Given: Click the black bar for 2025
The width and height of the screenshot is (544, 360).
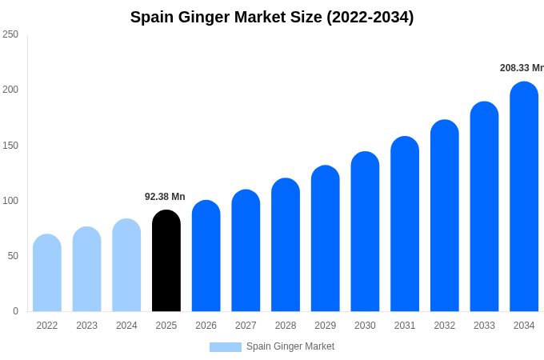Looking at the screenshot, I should tap(166, 261).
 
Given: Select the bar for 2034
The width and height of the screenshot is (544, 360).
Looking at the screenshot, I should tap(524, 197).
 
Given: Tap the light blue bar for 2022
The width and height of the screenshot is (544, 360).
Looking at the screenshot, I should tap(47, 273).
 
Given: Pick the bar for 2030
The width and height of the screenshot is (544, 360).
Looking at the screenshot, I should tap(365, 231).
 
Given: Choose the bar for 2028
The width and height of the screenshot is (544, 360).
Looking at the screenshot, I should tap(286, 245).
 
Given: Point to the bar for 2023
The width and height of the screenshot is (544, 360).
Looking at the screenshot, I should tap(86, 269).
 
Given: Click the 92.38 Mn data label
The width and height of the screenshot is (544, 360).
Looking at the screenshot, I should tap(165, 197).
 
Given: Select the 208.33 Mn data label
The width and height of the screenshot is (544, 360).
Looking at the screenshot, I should tap(522, 68).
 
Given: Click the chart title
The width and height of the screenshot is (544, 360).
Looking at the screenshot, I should tap(272, 17).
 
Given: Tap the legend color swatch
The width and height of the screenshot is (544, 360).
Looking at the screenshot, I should tap(225, 346).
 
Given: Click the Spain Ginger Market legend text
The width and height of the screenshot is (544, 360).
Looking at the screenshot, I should tap(290, 346).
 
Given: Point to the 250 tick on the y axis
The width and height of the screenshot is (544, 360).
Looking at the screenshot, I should tap(10, 34).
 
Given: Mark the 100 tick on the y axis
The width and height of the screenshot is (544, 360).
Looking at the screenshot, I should tap(10, 201).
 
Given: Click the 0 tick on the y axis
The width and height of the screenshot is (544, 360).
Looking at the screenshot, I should tap(15, 311).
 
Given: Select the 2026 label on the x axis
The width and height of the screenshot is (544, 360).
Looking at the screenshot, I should tap(206, 326).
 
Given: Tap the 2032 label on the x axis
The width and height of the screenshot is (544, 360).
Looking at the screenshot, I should tap(444, 326).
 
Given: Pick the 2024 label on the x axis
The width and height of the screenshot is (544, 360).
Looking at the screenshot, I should tap(126, 326).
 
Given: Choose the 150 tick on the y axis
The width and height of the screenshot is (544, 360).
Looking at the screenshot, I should tap(10, 146).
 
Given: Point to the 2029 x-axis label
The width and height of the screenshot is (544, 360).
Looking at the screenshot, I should tap(325, 326).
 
